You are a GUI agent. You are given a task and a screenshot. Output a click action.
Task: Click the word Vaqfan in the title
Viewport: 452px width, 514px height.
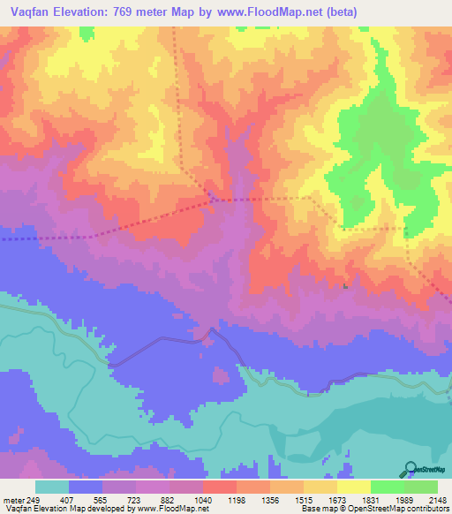(26, 12)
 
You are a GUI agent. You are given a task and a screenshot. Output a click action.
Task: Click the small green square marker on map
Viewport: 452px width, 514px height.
(345, 285)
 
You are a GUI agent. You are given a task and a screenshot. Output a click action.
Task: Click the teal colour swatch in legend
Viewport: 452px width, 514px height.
(52, 487)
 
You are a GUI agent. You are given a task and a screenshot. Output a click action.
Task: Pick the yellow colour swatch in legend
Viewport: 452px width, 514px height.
(353, 487)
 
